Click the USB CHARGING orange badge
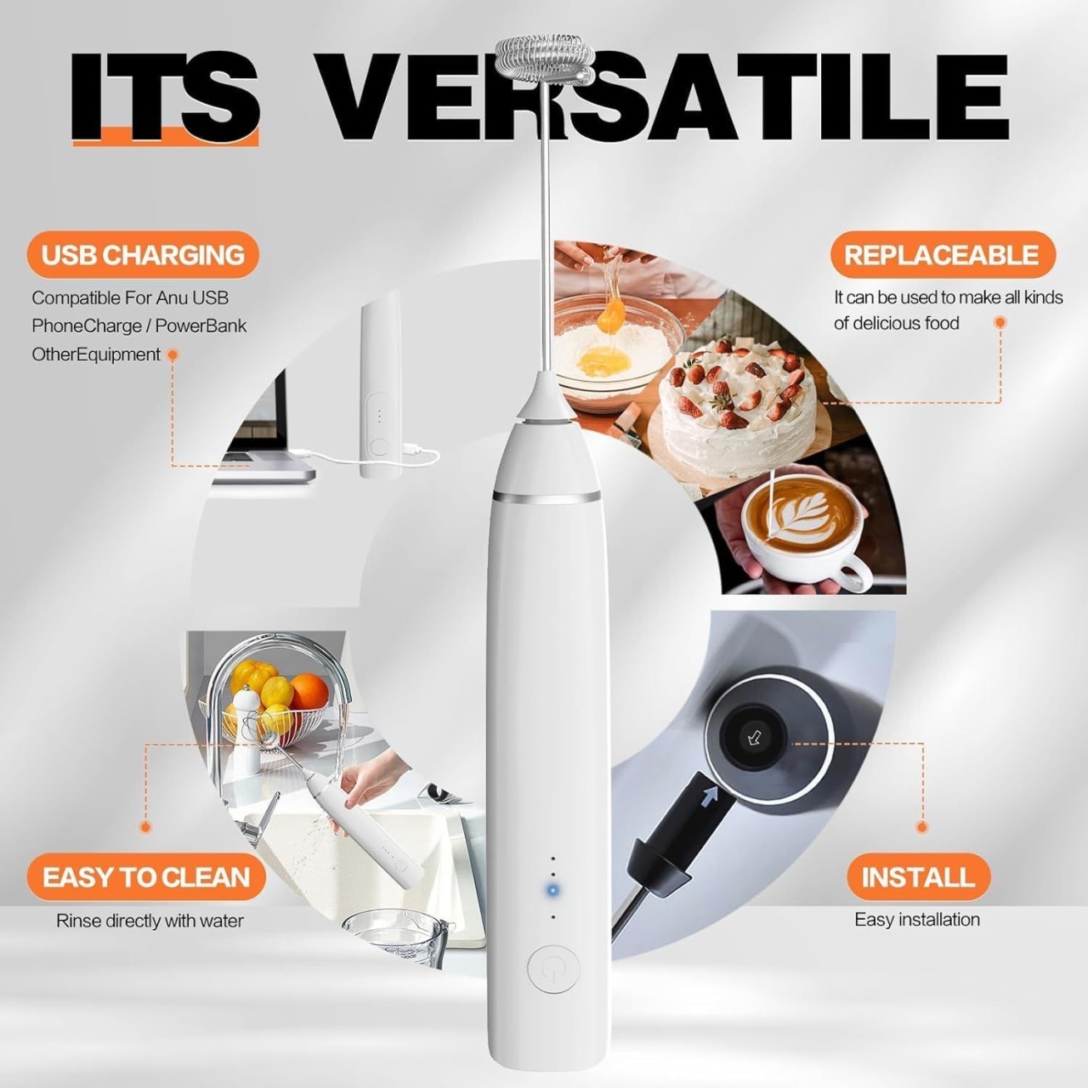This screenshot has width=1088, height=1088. point(143,255)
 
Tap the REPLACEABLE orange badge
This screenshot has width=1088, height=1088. point(943,255)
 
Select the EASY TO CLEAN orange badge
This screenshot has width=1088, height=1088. point(146,877)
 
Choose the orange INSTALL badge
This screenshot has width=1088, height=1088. point(919,877)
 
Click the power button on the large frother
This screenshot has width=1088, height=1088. point(554,969)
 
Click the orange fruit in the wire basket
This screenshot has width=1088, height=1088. point(309,692)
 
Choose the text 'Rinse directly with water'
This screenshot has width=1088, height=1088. point(150,921)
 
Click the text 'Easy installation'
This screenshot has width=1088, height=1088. point(917,920)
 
